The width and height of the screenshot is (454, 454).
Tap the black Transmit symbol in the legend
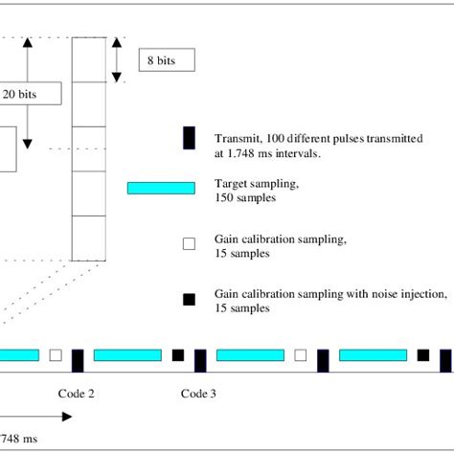(x=189, y=139)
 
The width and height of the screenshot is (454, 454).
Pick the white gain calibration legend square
(x=189, y=244)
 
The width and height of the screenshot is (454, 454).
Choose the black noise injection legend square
(x=189, y=300)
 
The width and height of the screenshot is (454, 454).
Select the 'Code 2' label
(x=77, y=393)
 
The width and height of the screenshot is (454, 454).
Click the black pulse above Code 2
(x=78, y=360)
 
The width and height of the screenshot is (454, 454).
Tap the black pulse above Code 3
(x=200, y=360)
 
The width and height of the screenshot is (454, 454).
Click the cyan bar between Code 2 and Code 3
(x=127, y=355)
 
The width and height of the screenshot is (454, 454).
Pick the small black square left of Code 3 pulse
(x=178, y=355)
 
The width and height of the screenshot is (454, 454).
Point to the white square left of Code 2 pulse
(x=56, y=355)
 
